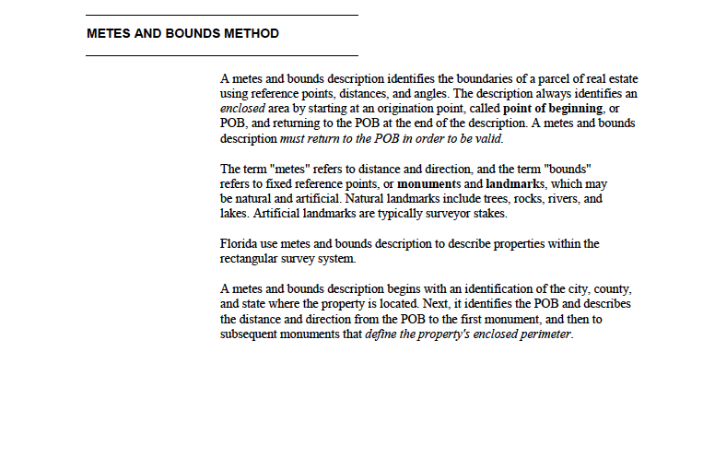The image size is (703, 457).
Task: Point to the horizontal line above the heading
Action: (221, 16)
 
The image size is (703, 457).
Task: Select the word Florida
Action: (239, 244)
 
